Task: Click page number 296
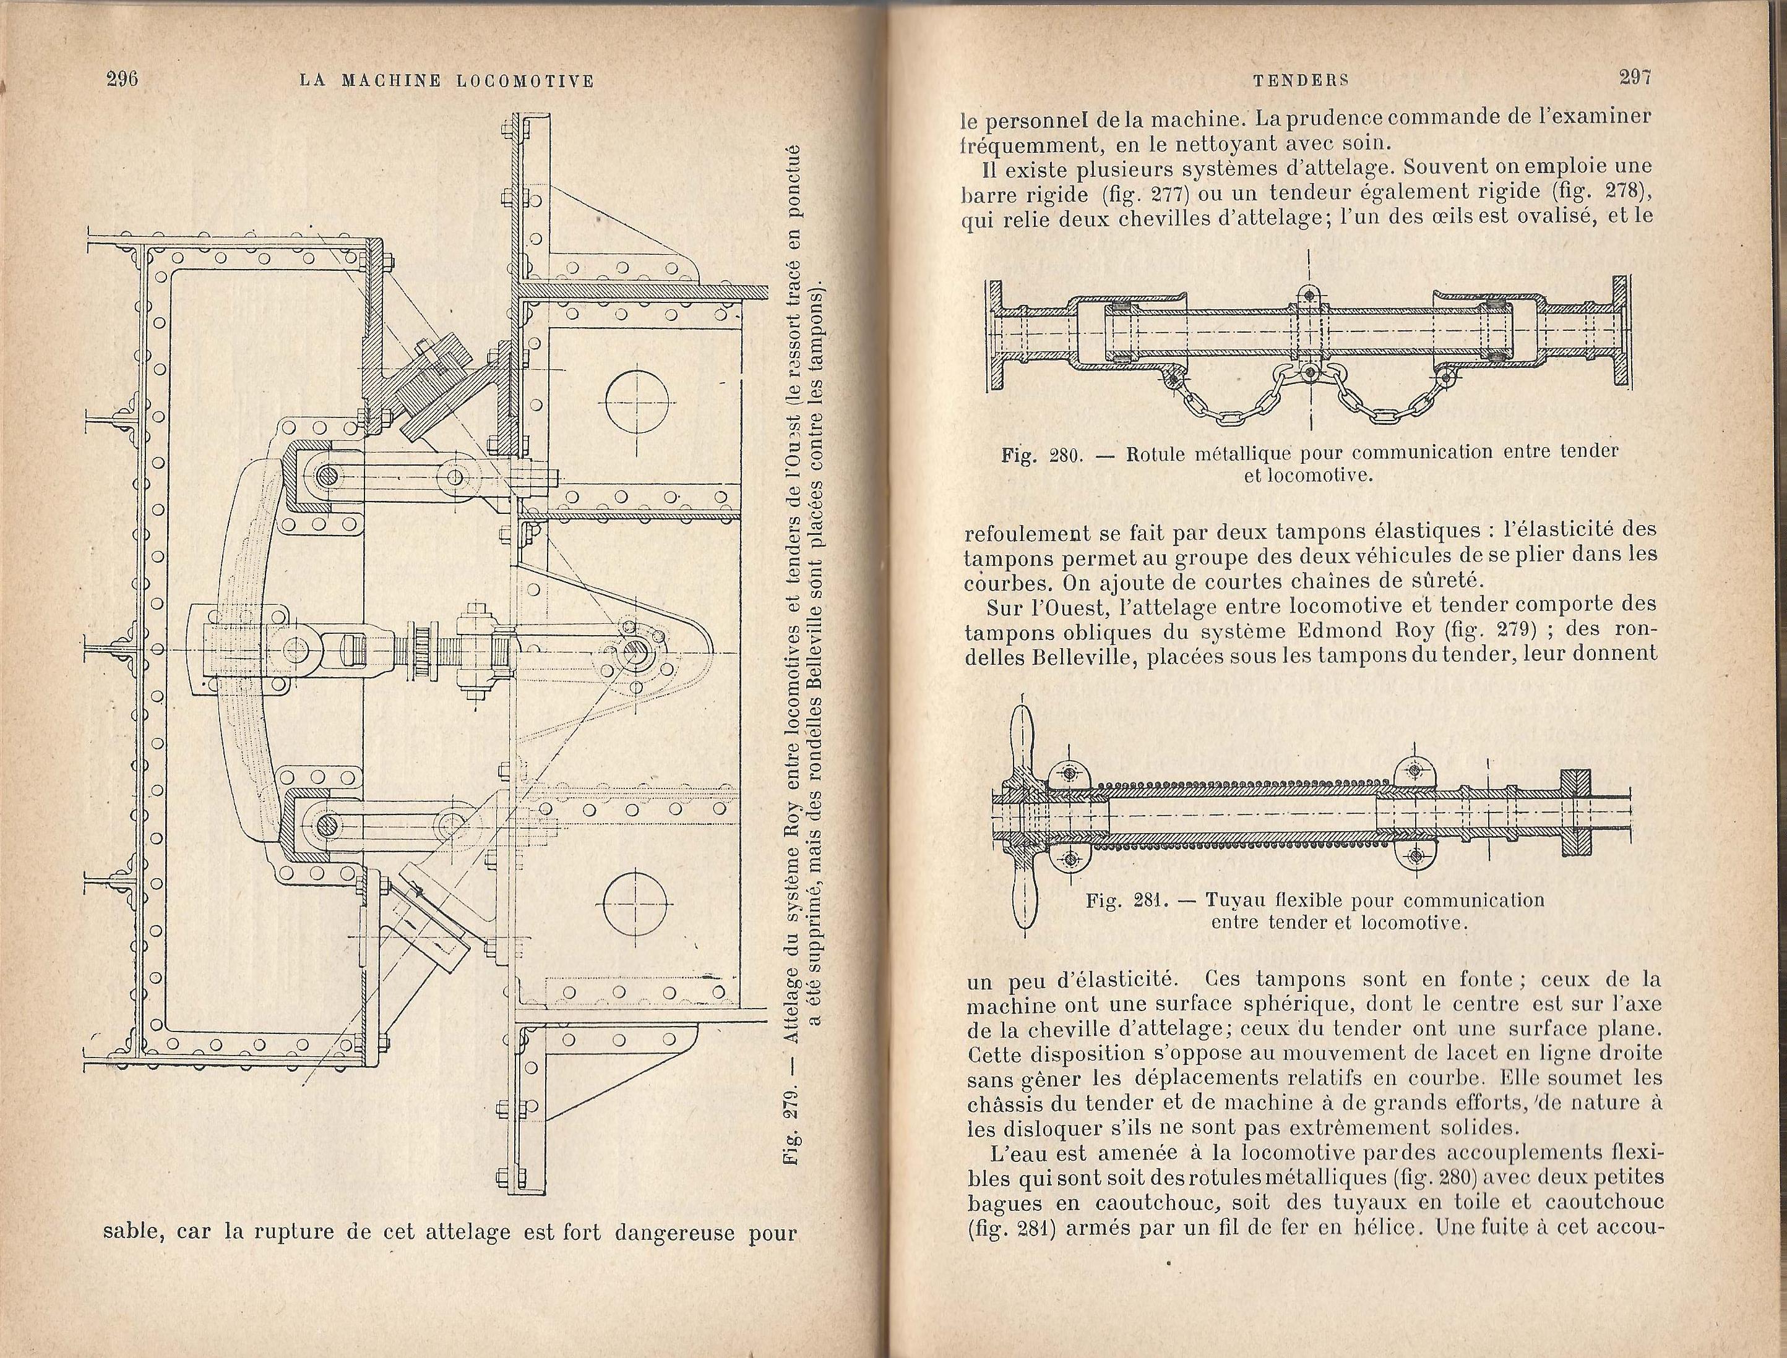(x=123, y=79)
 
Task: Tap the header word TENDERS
(x=1301, y=79)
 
